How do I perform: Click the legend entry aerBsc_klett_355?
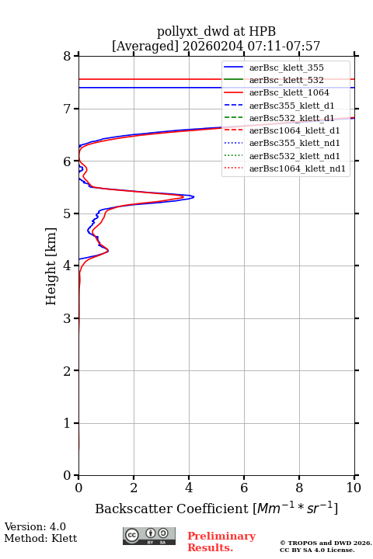(x=286, y=68)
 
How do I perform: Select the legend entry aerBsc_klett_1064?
(x=289, y=92)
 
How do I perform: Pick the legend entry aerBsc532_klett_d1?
(x=291, y=118)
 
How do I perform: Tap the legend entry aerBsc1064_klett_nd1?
(x=298, y=168)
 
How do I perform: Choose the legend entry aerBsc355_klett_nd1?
(x=295, y=144)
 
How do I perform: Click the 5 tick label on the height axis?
(x=68, y=214)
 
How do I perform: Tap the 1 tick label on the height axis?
(x=68, y=423)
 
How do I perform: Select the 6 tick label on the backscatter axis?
(x=244, y=488)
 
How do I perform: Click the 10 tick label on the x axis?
(x=354, y=488)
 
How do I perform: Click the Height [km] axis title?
(x=51, y=266)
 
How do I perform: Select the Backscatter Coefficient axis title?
(x=216, y=508)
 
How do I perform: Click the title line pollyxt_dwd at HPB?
(x=216, y=31)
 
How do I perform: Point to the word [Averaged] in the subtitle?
(x=145, y=47)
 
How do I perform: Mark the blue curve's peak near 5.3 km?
(x=193, y=196)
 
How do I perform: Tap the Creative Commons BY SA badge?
(x=149, y=536)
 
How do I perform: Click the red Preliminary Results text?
(x=221, y=542)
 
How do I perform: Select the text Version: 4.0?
(x=35, y=526)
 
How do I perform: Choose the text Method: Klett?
(x=40, y=538)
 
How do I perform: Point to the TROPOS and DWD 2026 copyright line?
(x=326, y=543)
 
